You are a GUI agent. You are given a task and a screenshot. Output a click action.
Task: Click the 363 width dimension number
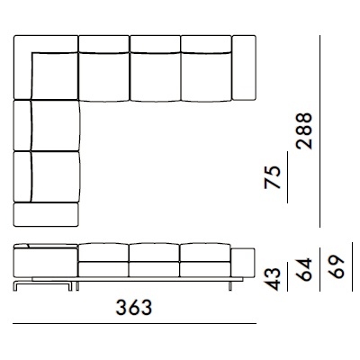pos(134,308)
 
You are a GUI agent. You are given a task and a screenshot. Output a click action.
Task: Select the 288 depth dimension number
pos(304,131)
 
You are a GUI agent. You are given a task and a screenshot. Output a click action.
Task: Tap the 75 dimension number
pos(273,177)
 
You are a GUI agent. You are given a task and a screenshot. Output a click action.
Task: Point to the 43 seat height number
pos(273,279)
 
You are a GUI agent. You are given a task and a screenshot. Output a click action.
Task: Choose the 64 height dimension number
pos(304,269)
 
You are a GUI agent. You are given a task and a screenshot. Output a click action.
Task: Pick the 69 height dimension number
pos(336,267)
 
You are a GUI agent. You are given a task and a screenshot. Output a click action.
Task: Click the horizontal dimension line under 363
pos(134,323)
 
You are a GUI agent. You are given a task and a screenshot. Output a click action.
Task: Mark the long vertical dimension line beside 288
pos(319,131)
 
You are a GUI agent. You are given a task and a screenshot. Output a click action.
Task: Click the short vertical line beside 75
pos(287,177)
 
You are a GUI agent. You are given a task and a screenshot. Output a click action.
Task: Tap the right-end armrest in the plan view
pos(244,67)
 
